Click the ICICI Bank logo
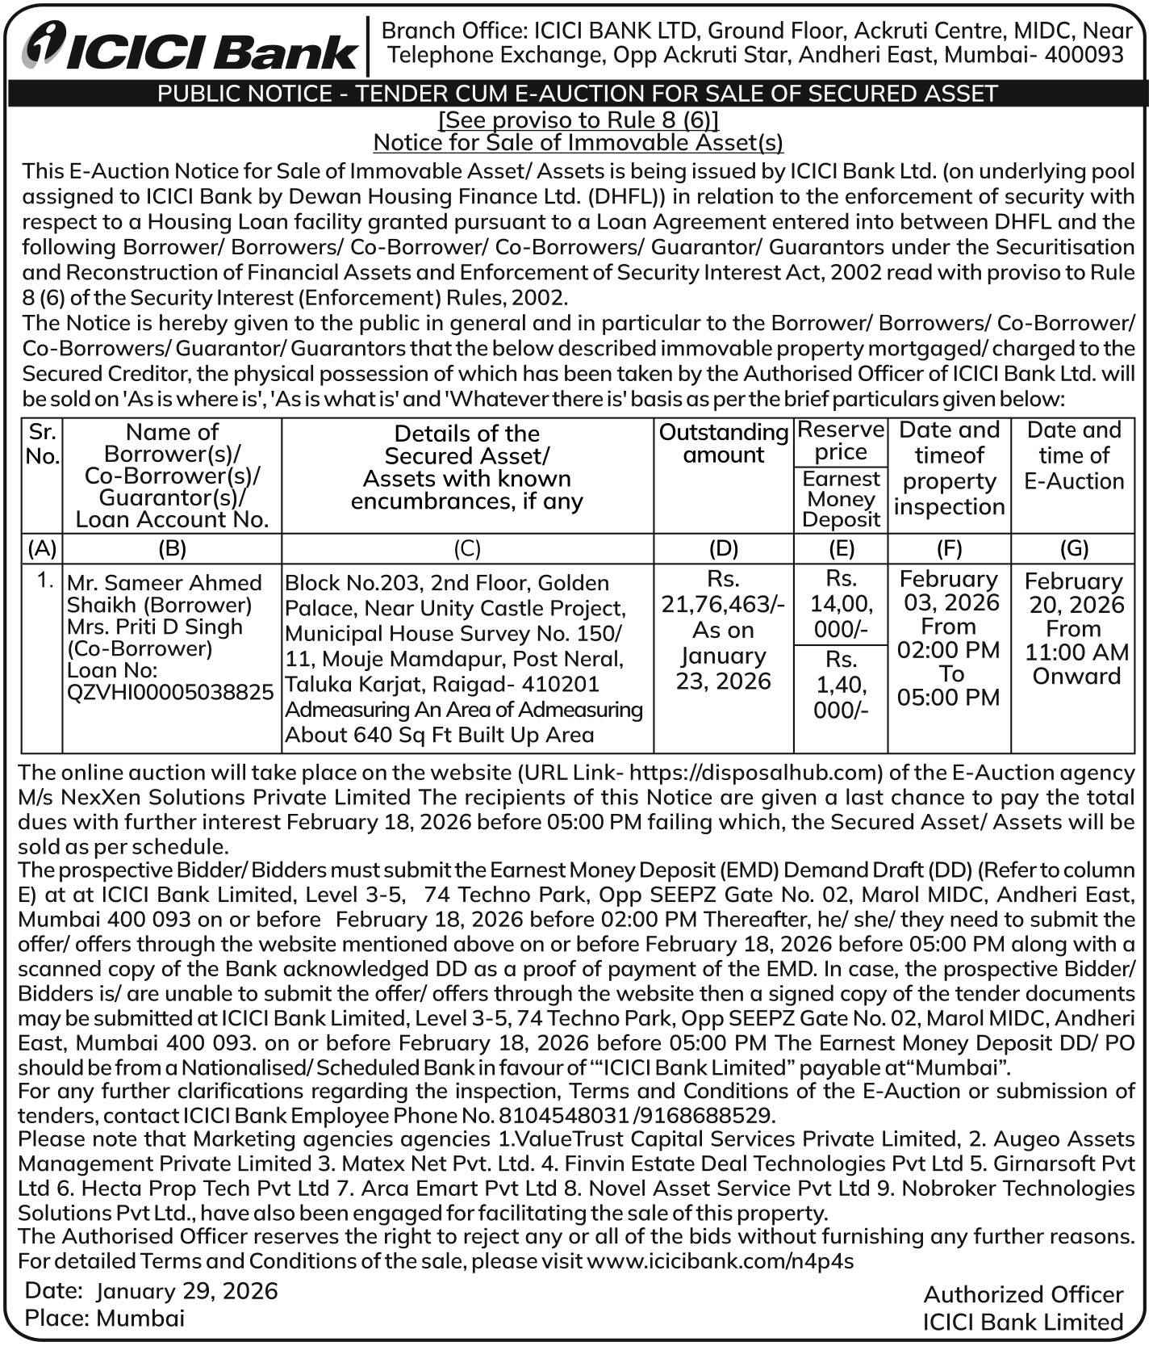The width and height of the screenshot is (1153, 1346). click(190, 48)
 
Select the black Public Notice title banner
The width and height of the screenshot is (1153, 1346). click(577, 94)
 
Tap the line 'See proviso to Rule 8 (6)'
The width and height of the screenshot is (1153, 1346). click(578, 120)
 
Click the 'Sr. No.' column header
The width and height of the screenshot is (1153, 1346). click(42, 444)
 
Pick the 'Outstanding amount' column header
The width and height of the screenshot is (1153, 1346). click(723, 443)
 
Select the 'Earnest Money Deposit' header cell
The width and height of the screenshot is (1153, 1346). click(841, 499)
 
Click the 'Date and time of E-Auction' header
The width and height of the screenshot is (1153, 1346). click(1073, 455)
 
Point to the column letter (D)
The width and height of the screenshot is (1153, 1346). click(723, 548)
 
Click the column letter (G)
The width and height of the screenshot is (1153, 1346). click(1073, 548)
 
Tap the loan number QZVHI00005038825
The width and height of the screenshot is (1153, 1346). click(170, 692)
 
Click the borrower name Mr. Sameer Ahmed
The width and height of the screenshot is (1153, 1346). click(165, 582)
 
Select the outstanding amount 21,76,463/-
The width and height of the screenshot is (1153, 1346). click(723, 604)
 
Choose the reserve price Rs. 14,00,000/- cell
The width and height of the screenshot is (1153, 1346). click(841, 603)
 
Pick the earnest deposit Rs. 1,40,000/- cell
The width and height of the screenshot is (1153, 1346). click(841, 685)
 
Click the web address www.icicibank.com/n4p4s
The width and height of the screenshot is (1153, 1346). click(720, 1261)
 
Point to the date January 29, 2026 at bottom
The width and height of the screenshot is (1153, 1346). click(186, 1291)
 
